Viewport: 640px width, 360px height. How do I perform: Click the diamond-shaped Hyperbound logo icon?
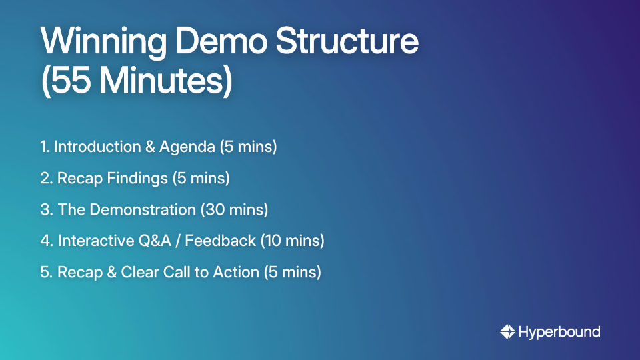click(507, 332)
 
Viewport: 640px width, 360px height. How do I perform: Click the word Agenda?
click(187, 147)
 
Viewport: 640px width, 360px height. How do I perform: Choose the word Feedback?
click(220, 241)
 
